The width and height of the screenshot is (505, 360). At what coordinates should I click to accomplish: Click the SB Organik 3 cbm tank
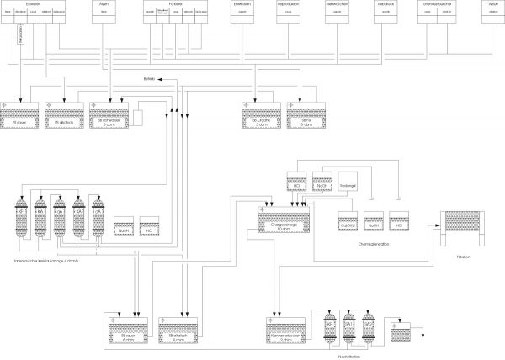[260, 113]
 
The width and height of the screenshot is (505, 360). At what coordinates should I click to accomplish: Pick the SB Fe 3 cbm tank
[306, 113]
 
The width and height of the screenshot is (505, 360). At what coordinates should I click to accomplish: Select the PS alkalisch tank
[63, 113]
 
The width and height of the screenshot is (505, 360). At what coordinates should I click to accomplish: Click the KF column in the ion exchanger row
[23, 216]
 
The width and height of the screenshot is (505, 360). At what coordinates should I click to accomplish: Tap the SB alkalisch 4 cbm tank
[178, 329]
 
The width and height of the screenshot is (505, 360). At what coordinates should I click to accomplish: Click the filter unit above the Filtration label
[461, 225]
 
